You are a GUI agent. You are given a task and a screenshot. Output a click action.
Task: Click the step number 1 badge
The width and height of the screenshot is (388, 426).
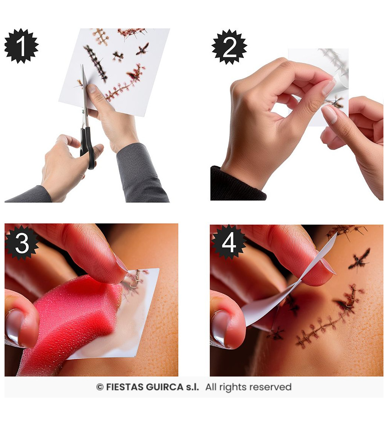click(22, 46)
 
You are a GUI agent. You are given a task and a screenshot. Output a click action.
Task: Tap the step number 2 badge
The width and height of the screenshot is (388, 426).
click(229, 47)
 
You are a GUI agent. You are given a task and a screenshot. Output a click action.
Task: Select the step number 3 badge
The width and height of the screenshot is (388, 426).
click(22, 243)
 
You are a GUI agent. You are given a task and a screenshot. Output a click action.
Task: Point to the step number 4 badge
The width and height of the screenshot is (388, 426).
click(229, 242)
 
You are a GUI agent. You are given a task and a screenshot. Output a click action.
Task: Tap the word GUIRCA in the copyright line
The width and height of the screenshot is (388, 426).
click(164, 387)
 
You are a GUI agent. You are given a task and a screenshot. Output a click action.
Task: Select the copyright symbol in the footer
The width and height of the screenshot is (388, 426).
click(100, 387)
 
